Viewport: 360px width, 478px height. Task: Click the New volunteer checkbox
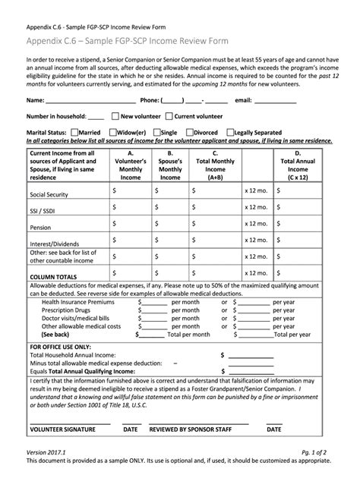[x=115, y=117]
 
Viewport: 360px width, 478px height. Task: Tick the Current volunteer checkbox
[x=169, y=117]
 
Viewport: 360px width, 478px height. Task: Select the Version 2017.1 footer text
[x=47, y=449]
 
